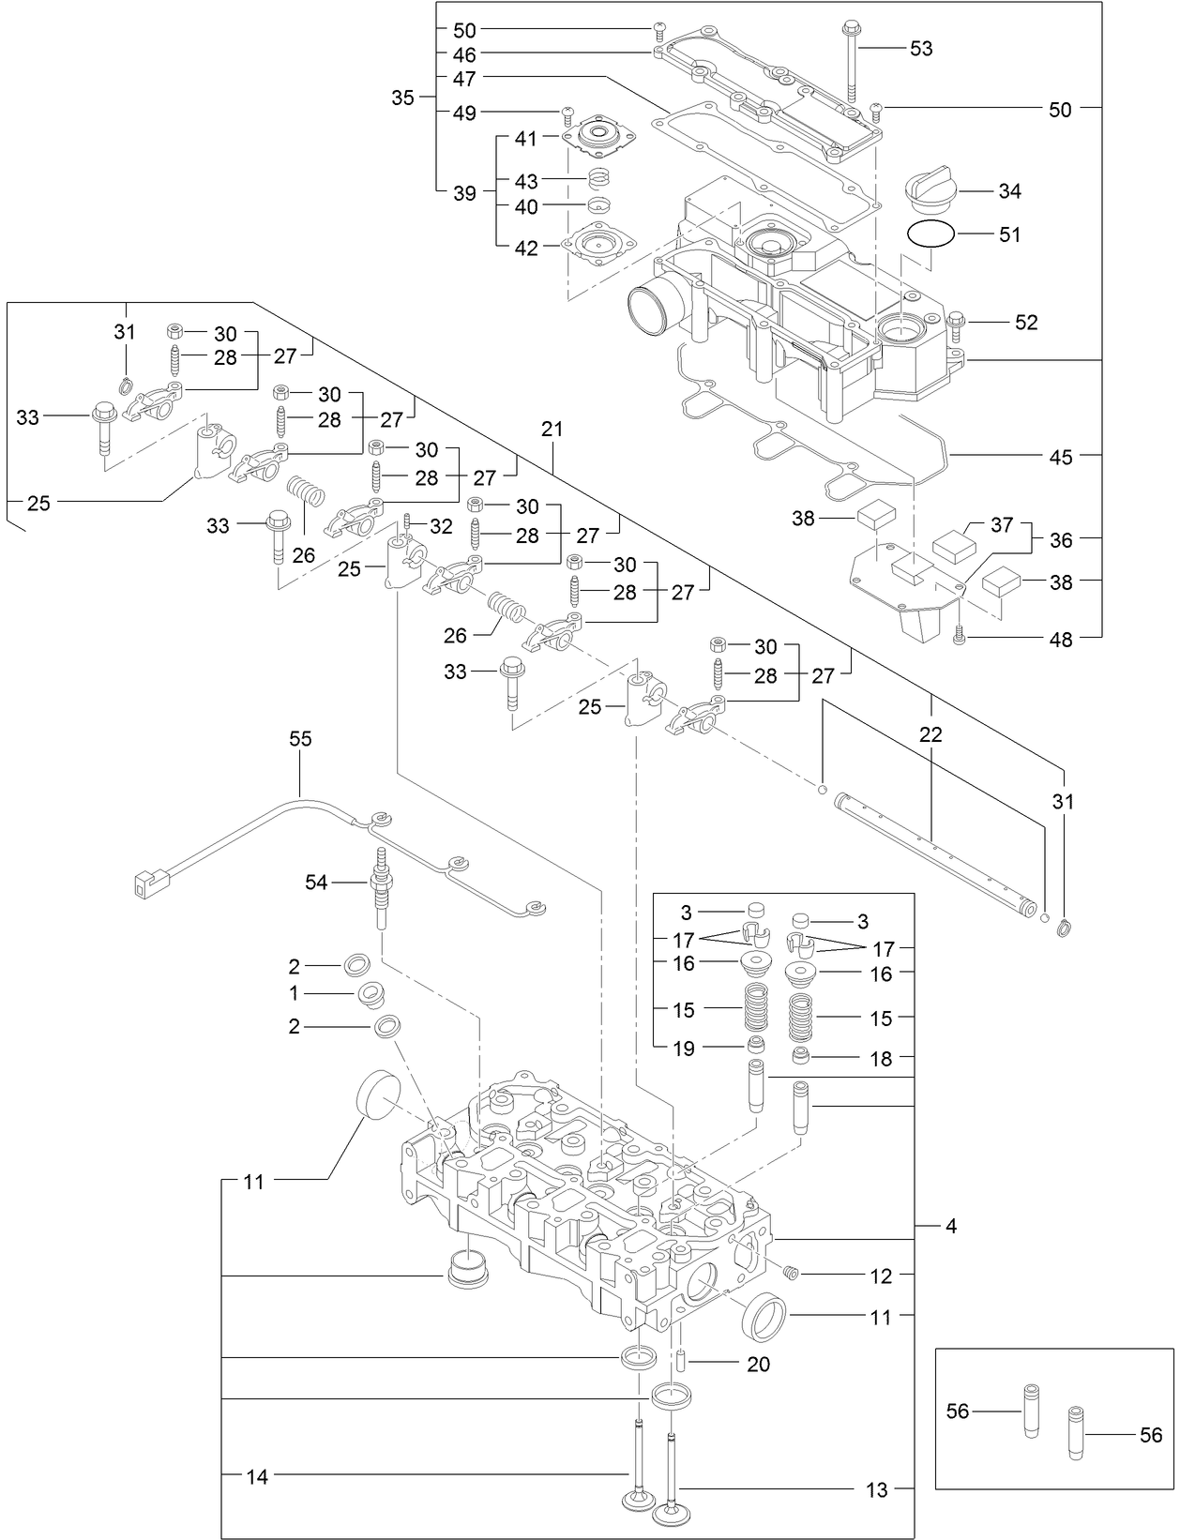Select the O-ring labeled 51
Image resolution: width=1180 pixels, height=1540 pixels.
tap(930, 234)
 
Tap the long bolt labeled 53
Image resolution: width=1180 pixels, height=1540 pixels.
tap(852, 60)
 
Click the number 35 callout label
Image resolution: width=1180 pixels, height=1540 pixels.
tap(402, 98)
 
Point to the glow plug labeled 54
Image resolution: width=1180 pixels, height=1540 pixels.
tap(383, 886)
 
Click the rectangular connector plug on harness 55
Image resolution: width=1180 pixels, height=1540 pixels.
tap(148, 882)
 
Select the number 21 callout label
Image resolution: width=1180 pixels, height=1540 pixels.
tap(552, 430)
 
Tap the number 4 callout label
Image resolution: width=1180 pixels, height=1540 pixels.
tap(951, 1226)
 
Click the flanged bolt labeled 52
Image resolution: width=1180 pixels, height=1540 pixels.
tap(956, 323)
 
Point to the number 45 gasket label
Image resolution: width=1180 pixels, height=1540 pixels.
tap(1060, 457)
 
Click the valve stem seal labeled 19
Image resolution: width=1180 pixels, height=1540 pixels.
tap(755, 1045)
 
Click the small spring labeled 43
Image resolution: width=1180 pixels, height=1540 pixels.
tap(600, 178)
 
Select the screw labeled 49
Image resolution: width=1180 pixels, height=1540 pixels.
tap(567, 115)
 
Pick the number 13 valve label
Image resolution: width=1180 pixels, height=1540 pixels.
tap(876, 1490)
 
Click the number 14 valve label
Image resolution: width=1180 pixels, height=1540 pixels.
tap(257, 1477)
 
